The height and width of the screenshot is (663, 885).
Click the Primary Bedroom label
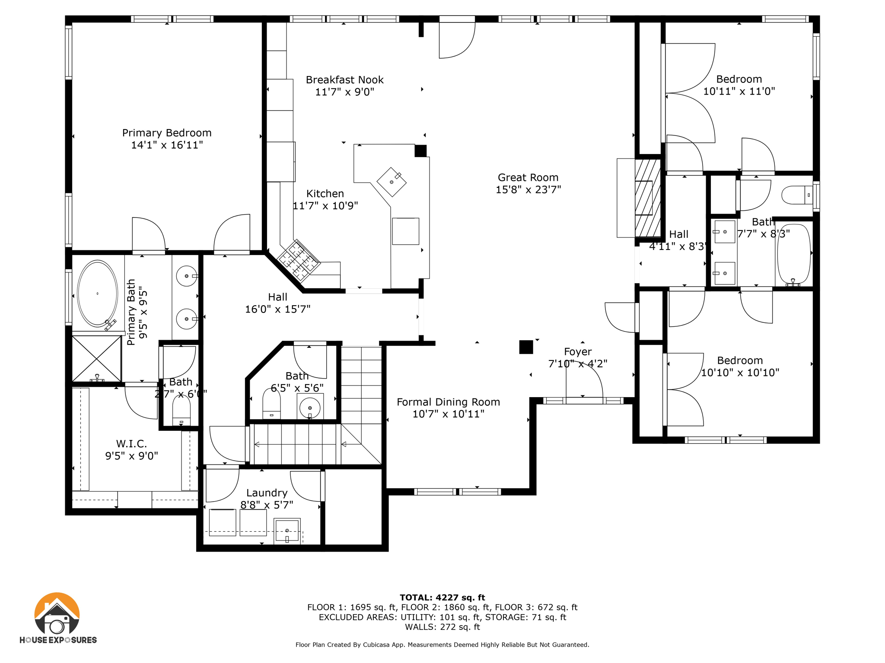(x=167, y=133)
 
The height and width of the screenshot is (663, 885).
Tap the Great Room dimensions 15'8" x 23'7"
(x=528, y=189)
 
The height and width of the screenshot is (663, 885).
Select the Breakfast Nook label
(x=344, y=80)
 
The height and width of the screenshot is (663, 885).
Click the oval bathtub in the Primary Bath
(x=97, y=294)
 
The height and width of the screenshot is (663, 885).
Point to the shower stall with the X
(x=96, y=359)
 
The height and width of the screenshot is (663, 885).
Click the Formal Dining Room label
(x=448, y=402)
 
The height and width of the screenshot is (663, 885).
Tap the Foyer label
(x=578, y=352)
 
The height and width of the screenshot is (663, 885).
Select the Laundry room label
(x=267, y=493)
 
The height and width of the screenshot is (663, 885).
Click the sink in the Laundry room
(x=287, y=530)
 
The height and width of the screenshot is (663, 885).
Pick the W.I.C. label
(x=131, y=444)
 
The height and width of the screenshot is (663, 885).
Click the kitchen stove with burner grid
(x=299, y=260)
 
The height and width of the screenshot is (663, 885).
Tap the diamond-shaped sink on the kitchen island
(x=392, y=182)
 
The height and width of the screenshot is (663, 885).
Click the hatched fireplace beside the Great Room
(x=647, y=198)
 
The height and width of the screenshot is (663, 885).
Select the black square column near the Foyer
(x=526, y=347)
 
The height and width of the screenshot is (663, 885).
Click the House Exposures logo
(x=57, y=618)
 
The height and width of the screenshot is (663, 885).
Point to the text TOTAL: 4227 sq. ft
(x=442, y=597)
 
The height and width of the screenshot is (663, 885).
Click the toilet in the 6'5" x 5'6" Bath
(x=271, y=404)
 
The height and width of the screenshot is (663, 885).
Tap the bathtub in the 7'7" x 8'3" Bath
(x=794, y=255)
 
